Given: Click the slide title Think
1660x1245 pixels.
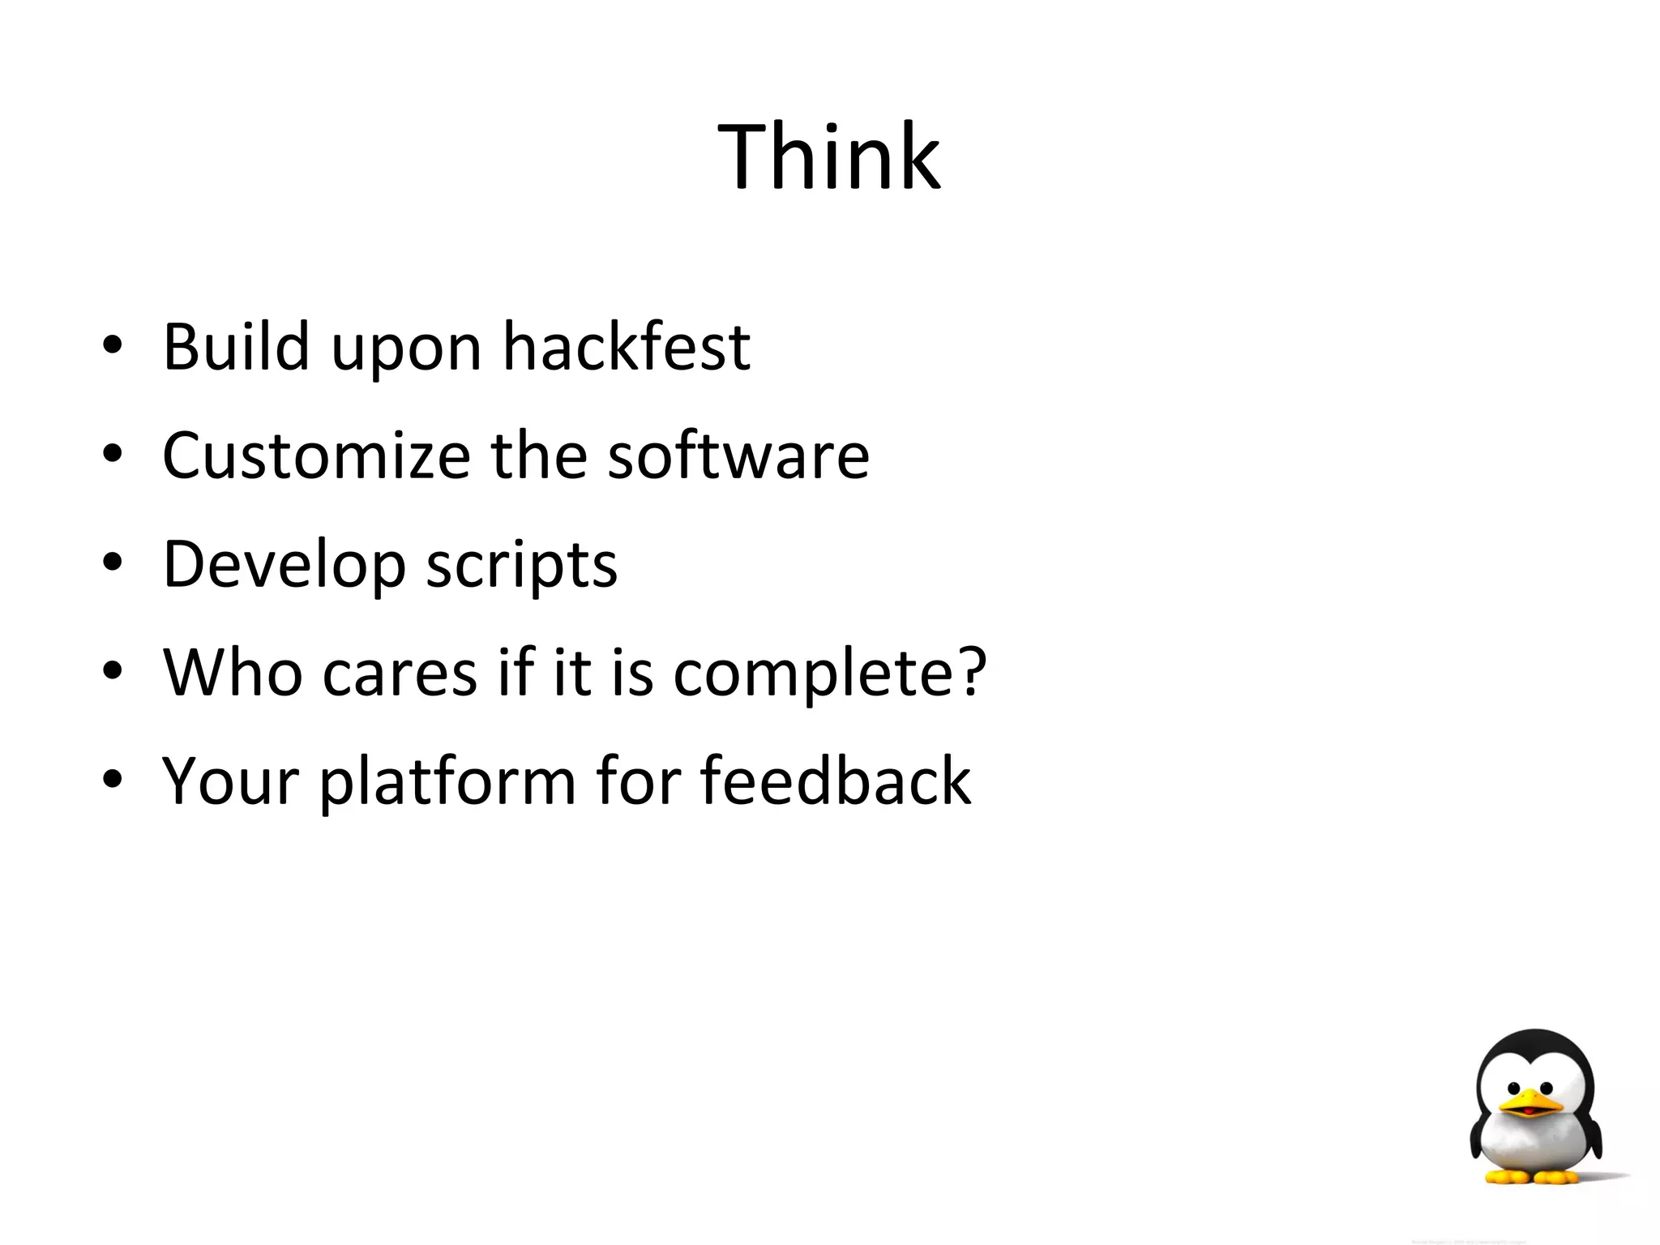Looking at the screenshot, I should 828,156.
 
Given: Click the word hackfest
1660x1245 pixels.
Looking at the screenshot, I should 626,346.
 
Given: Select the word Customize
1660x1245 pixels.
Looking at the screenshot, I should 316,455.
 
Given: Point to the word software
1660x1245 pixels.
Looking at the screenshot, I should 738,455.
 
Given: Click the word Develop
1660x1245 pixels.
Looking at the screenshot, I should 284,564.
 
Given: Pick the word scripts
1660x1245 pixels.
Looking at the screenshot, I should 522,564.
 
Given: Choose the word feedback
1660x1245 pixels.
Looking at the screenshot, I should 835,781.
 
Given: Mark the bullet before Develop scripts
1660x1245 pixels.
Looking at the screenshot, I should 113,565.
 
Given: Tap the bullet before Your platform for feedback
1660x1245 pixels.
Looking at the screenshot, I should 113,782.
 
